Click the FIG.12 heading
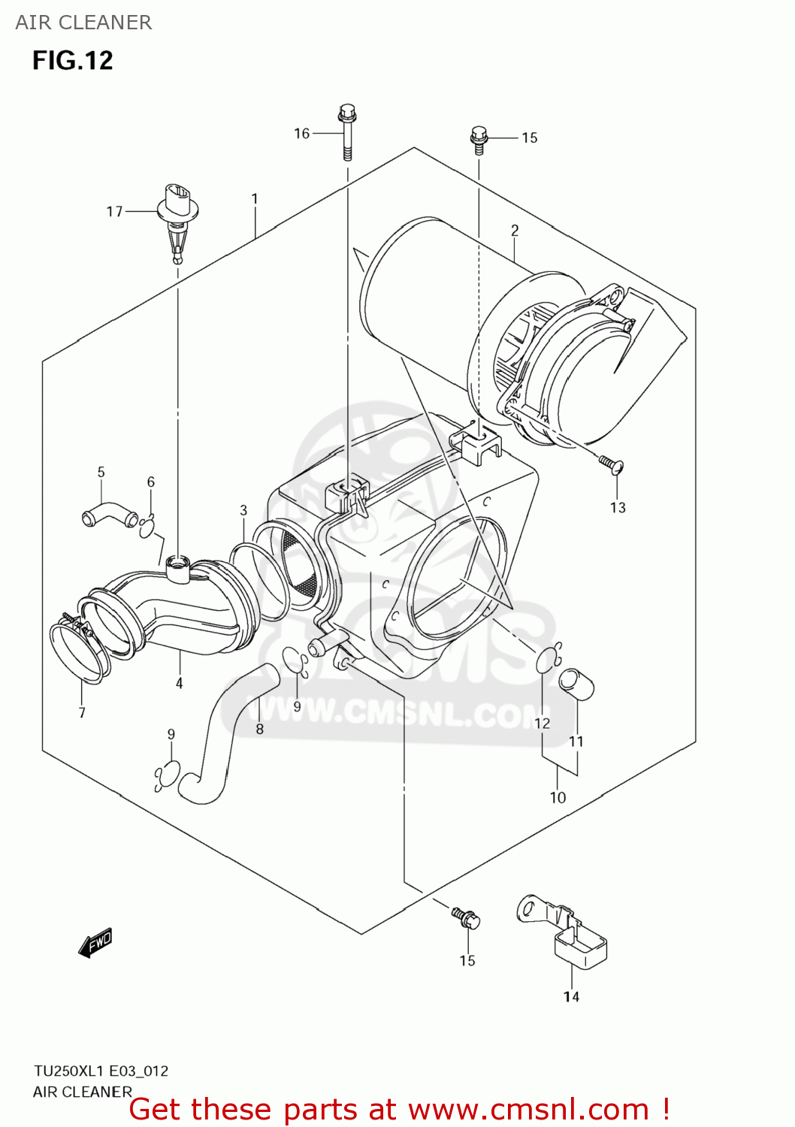[x=72, y=60]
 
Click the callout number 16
[x=301, y=133]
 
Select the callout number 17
[x=114, y=212]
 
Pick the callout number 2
[x=515, y=231]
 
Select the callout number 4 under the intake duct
[x=179, y=683]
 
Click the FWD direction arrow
[x=95, y=942]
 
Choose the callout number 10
[x=558, y=797]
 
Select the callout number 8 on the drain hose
[x=259, y=729]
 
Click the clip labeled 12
[x=549, y=659]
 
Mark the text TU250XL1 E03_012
[x=101, y=1071]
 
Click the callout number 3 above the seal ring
[x=243, y=510]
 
